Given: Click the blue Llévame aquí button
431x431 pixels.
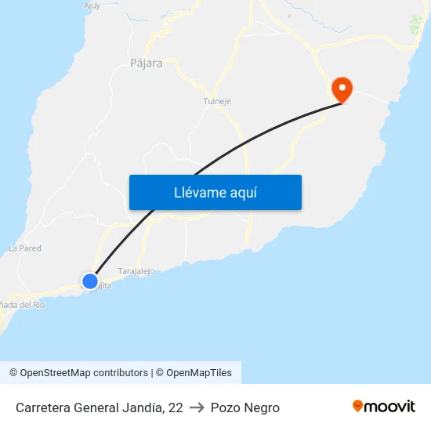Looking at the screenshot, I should pyautogui.click(x=215, y=192).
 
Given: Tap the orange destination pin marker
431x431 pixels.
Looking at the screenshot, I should pyautogui.click(x=342, y=89).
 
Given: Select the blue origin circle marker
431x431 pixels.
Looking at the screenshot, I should pyautogui.click(x=90, y=281).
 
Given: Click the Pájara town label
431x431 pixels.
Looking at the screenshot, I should pyautogui.click(x=147, y=63).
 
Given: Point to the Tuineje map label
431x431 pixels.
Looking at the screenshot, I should pyautogui.click(x=217, y=101).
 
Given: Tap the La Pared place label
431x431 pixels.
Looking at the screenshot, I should pyautogui.click(x=25, y=248).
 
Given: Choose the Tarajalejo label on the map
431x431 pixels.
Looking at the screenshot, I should pyautogui.click(x=136, y=271).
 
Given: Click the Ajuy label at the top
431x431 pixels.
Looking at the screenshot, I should pyautogui.click(x=92, y=5).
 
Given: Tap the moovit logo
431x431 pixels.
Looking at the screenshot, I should pyautogui.click(x=384, y=406).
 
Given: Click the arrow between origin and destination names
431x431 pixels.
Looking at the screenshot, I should pyautogui.click(x=197, y=407).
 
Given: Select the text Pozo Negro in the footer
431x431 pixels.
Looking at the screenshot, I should pyautogui.click(x=244, y=407).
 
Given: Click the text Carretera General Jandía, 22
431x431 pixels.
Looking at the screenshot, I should pyautogui.click(x=99, y=407).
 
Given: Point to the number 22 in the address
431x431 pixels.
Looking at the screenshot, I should pyautogui.click(x=175, y=407).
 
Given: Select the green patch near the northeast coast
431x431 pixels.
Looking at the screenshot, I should pyautogui.click(x=415, y=25).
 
